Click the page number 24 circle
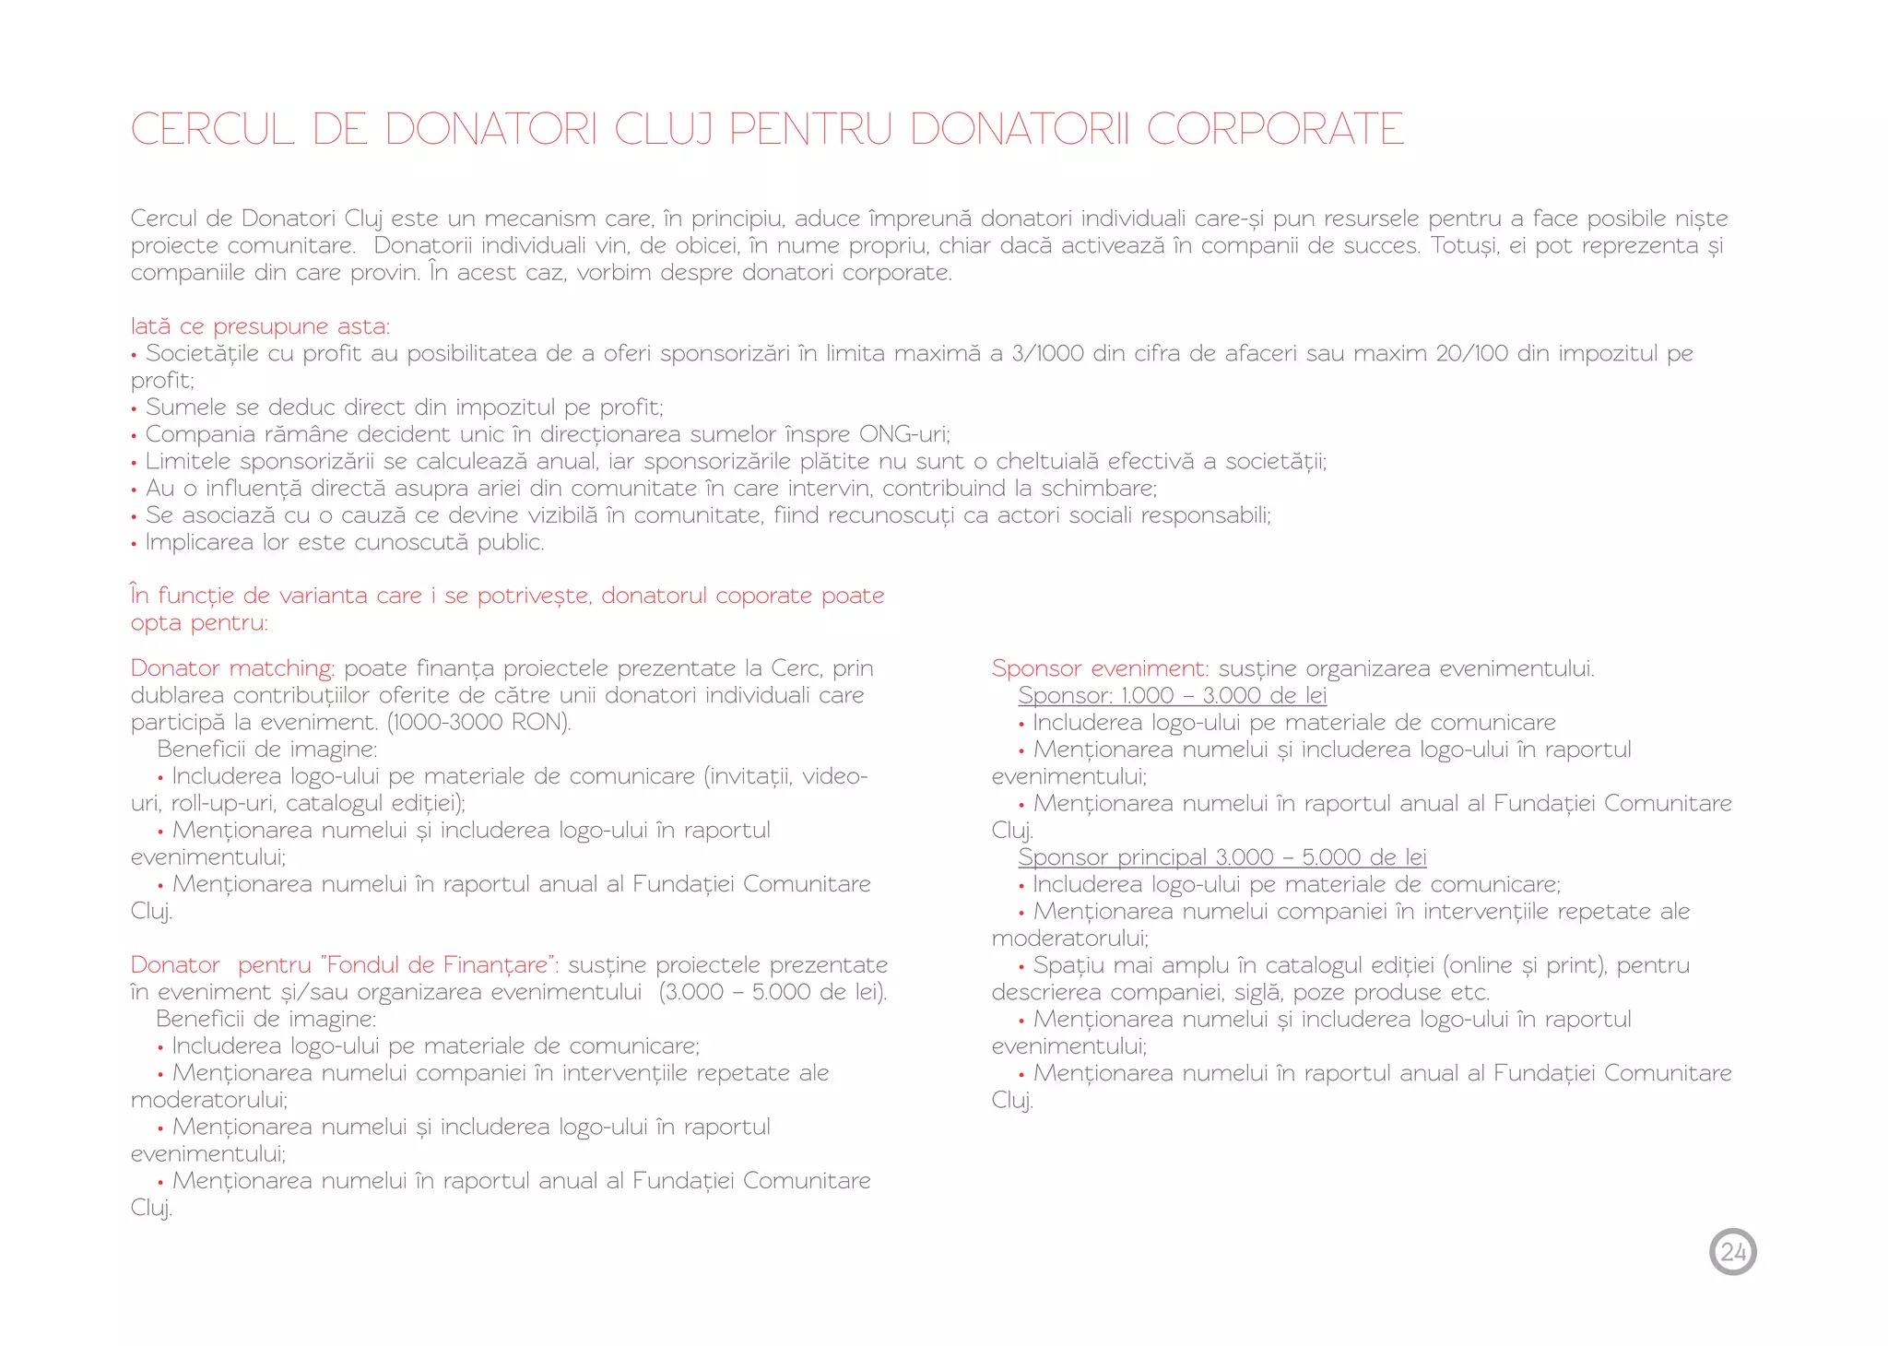tap(1732, 1252)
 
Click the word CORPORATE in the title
tap(1276, 129)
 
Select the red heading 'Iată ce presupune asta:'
tap(260, 326)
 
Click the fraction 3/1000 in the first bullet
tap(1047, 353)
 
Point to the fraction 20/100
tap(1471, 353)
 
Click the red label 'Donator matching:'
tap(232, 668)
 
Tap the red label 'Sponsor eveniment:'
tap(1099, 668)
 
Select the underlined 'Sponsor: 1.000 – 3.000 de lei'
tap(1172, 696)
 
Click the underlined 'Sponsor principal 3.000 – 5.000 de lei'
tap(1221, 857)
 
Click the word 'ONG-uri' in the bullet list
tap(903, 434)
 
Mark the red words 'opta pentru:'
tap(199, 623)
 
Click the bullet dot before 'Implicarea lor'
tap(135, 544)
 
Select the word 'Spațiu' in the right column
tap(1068, 965)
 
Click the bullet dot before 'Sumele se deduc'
tap(135, 409)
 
